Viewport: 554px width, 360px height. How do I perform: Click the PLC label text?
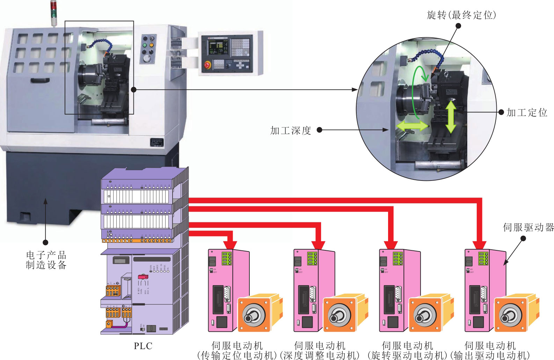[x=143, y=346]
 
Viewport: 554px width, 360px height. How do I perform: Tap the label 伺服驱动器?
[x=528, y=228]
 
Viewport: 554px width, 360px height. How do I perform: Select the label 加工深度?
[x=291, y=131]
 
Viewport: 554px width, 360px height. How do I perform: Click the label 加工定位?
[x=527, y=112]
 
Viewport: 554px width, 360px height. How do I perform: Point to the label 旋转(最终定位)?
[x=461, y=15]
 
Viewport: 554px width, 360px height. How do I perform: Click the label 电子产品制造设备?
[x=46, y=260]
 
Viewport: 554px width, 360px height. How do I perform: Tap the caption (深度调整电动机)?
[x=320, y=355]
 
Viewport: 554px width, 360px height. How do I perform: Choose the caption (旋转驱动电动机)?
[x=407, y=355]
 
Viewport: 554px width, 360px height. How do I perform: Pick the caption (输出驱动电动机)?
[x=490, y=355]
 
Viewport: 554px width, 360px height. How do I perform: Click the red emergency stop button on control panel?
[x=207, y=65]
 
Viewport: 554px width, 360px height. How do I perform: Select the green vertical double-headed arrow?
[x=451, y=117]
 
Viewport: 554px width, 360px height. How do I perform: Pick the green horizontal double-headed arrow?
[x=412, y=125]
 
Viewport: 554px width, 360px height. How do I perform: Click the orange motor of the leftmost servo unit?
[x=258, y=313]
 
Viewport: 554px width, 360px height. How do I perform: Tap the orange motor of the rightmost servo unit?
[x=515, y=313]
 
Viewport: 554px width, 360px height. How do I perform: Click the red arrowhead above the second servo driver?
[x=318, y=245]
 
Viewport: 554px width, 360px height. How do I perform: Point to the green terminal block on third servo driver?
[x=398, y=258]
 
